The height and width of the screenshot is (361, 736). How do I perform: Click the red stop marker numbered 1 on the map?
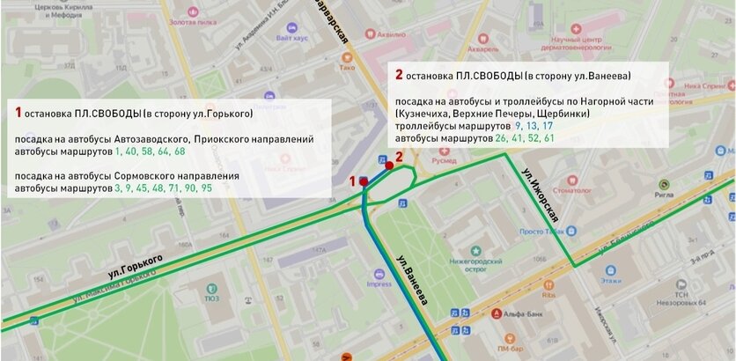(364, 180)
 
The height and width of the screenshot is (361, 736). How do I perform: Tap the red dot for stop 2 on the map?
(388, 164)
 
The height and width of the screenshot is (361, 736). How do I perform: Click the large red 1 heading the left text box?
(18, 113)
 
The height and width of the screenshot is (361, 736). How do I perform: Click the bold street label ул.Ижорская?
(541, 192)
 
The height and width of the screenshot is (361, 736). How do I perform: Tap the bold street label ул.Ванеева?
(412, 281)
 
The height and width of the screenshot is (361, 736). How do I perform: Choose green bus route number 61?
(548, 138)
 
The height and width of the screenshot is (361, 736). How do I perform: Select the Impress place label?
(379, 284)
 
